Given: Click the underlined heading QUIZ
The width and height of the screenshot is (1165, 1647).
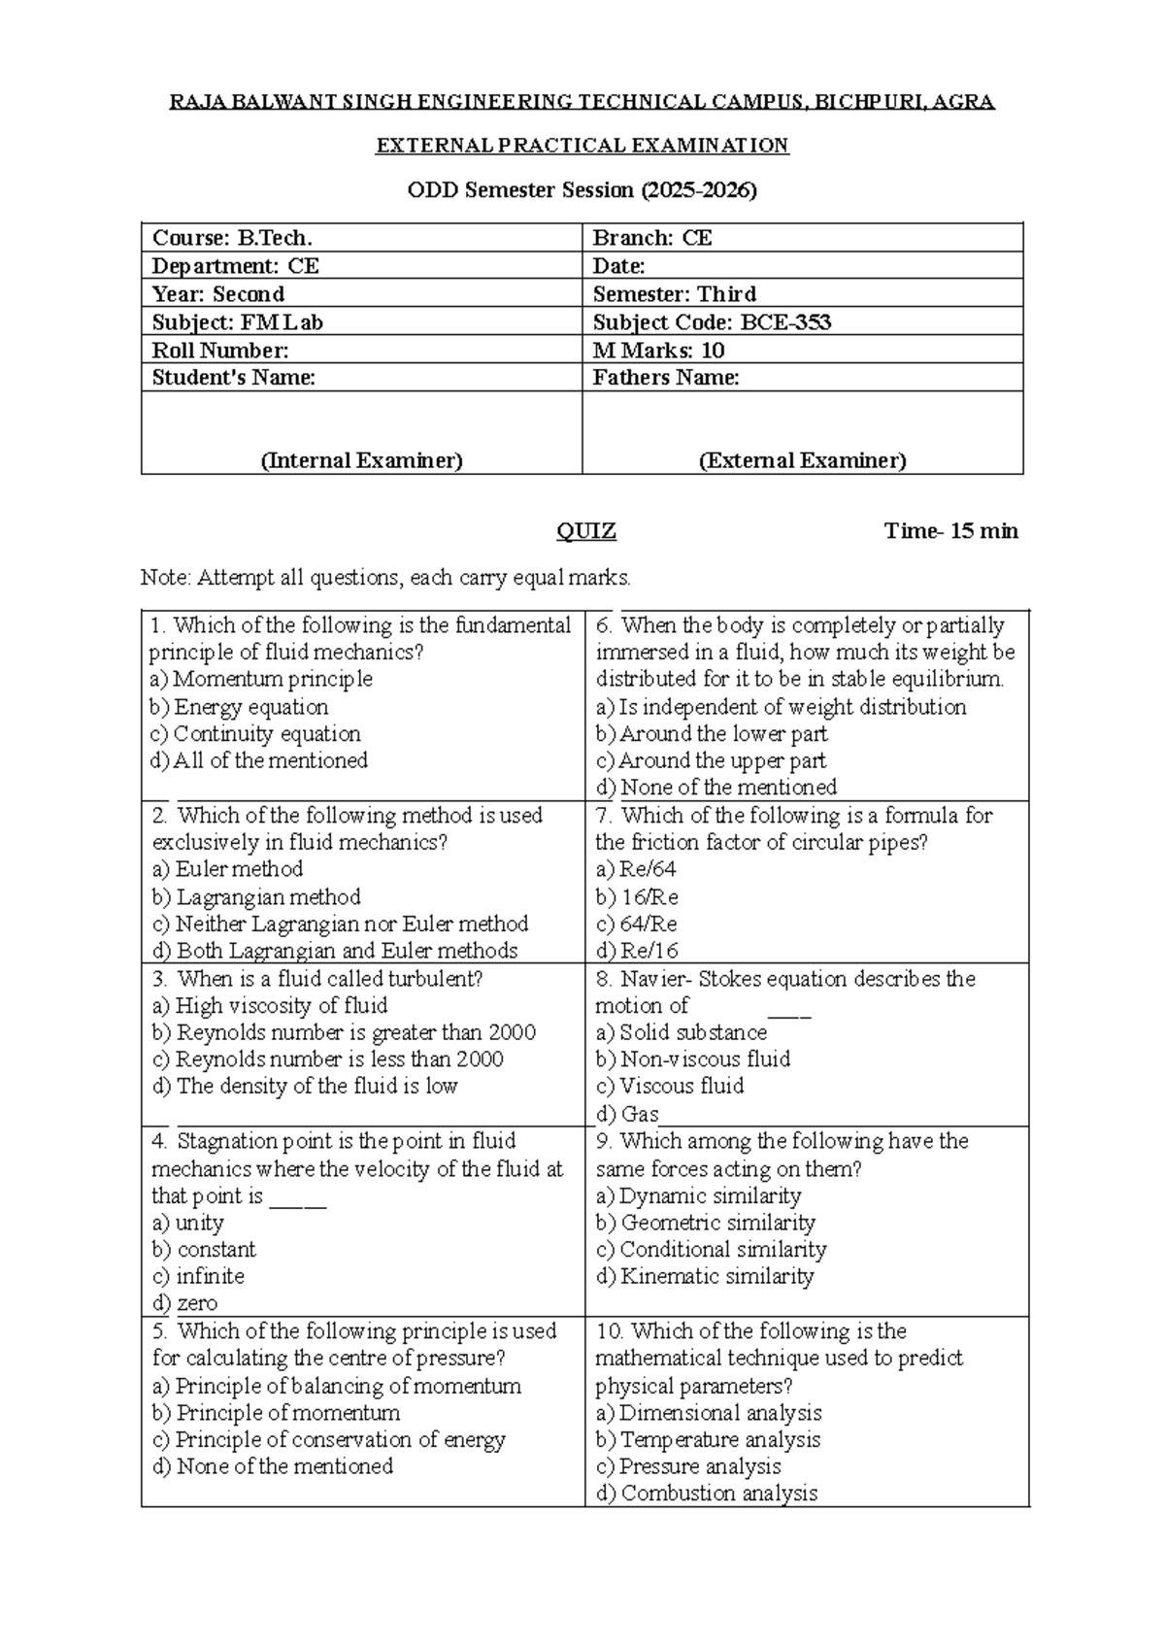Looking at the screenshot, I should click(x=585, y=531).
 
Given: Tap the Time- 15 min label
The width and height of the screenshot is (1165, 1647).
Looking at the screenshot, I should click(x=950, y=531).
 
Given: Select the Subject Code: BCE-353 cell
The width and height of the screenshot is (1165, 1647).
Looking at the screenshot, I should click(x=712, y=322).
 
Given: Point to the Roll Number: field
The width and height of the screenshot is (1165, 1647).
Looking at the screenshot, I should click(x=220, y=351).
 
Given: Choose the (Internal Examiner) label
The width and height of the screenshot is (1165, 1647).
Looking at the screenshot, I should click(x=361, y=460).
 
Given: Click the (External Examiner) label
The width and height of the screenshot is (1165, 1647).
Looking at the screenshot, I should click(x=803, y=460).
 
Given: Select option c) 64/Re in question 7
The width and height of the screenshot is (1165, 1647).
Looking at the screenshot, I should click(x=637, y=924).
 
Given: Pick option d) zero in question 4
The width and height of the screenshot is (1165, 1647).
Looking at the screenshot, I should click(x=184, y=1303).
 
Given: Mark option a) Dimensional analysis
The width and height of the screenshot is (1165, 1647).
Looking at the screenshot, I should click(x=710, y=1413).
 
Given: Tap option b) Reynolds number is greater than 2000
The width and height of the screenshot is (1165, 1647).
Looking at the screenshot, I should click(x=344, y=1032).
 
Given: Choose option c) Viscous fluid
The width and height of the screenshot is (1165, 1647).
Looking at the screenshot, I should click(x=670, y=1086).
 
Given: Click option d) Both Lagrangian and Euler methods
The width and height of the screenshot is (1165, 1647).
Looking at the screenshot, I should click(x=335, y=951).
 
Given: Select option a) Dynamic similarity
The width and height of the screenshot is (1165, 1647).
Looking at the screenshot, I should click(x=699, y=1195).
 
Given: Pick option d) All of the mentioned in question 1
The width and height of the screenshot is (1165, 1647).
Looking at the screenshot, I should click(x=259, y=760).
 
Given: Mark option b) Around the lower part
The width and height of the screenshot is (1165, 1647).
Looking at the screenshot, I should click(x=712, y=734).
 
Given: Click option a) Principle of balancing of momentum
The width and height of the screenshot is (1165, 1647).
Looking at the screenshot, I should click(x=337, y=1386).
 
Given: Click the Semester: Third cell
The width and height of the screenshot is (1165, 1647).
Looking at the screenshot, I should click(x=675, y=294).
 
